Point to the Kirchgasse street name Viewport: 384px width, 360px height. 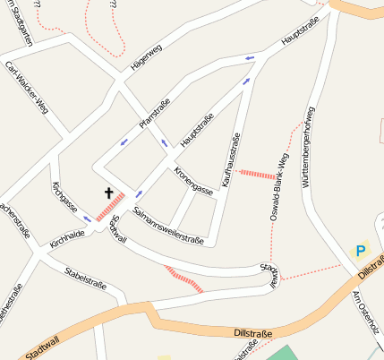[x=64, y=198]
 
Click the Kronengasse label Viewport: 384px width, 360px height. [x=193, y=181]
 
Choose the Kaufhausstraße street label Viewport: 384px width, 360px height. [x=228, y=159]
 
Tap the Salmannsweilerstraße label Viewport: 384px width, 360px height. [x=167, y=226]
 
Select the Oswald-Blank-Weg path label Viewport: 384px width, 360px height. [x=278, y=184]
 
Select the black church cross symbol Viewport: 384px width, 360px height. [x=109, y=193]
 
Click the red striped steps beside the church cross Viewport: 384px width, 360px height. [x=109, y=207]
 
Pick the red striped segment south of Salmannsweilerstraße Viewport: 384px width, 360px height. [x=185, y=280]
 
